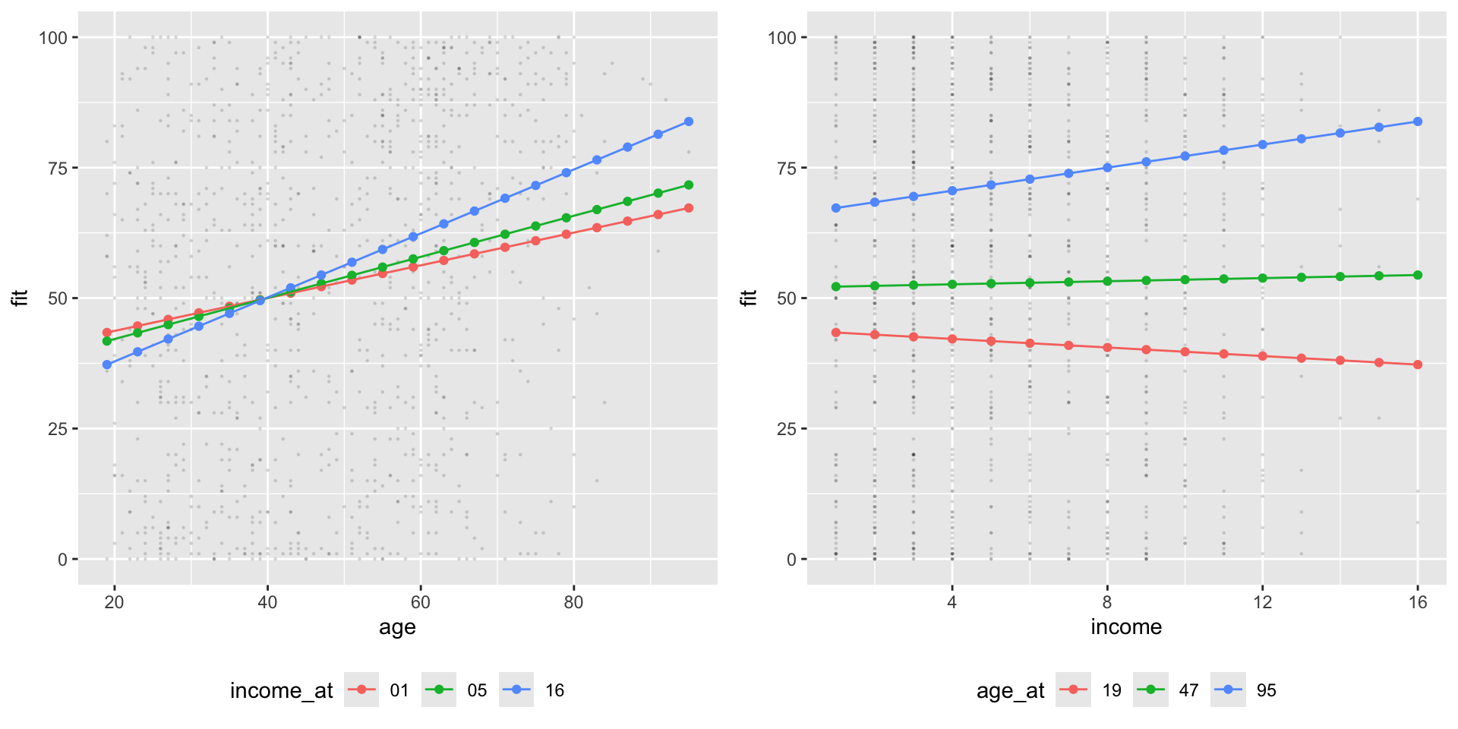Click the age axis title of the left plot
(x=397, y=627)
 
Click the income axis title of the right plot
(x=1126, y=627)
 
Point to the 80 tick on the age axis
(x=573, y=602)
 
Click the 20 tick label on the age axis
(x=115, y=602)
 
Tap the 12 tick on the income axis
(x=1262, y=602)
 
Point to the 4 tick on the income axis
(x=952, y=602)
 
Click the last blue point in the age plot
(x=689, y=121)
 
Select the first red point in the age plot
(x=107, y=333)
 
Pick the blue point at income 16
(x=1418, y=121)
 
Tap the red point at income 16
(x=1418, y=365)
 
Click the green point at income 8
(x=1107, y=281)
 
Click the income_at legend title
(x=281, y=690)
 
